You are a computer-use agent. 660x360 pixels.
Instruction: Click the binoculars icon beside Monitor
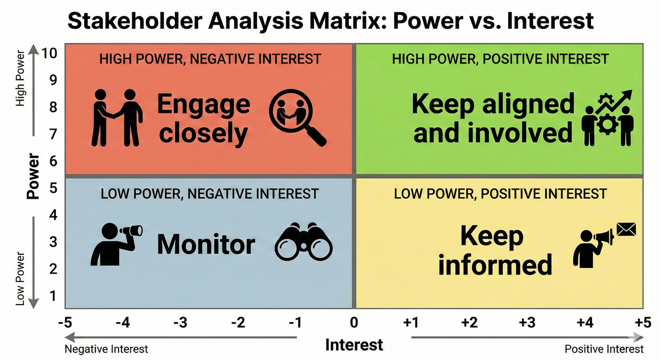[304, 242]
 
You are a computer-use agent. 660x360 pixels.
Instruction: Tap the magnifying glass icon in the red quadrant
[297, 117]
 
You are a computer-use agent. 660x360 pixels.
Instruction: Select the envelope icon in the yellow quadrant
[626, 229]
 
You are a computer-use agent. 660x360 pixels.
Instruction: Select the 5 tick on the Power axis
[53, 188]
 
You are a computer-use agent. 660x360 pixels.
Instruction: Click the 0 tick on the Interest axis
[354, 322]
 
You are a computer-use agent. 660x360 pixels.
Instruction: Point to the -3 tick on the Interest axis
[181, 322]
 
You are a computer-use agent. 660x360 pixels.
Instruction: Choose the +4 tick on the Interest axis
[585, 322]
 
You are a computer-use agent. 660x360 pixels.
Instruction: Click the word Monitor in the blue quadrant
[206, 245]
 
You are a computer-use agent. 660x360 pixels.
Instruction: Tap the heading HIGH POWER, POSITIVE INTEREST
[500, 59]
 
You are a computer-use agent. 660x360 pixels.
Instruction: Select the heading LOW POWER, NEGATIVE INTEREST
[210, 194]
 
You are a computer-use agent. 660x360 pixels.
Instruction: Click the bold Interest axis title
[354, 345]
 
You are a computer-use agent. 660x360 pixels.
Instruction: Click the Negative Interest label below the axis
[106, 349]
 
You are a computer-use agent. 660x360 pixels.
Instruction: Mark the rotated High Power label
[20, 78]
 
